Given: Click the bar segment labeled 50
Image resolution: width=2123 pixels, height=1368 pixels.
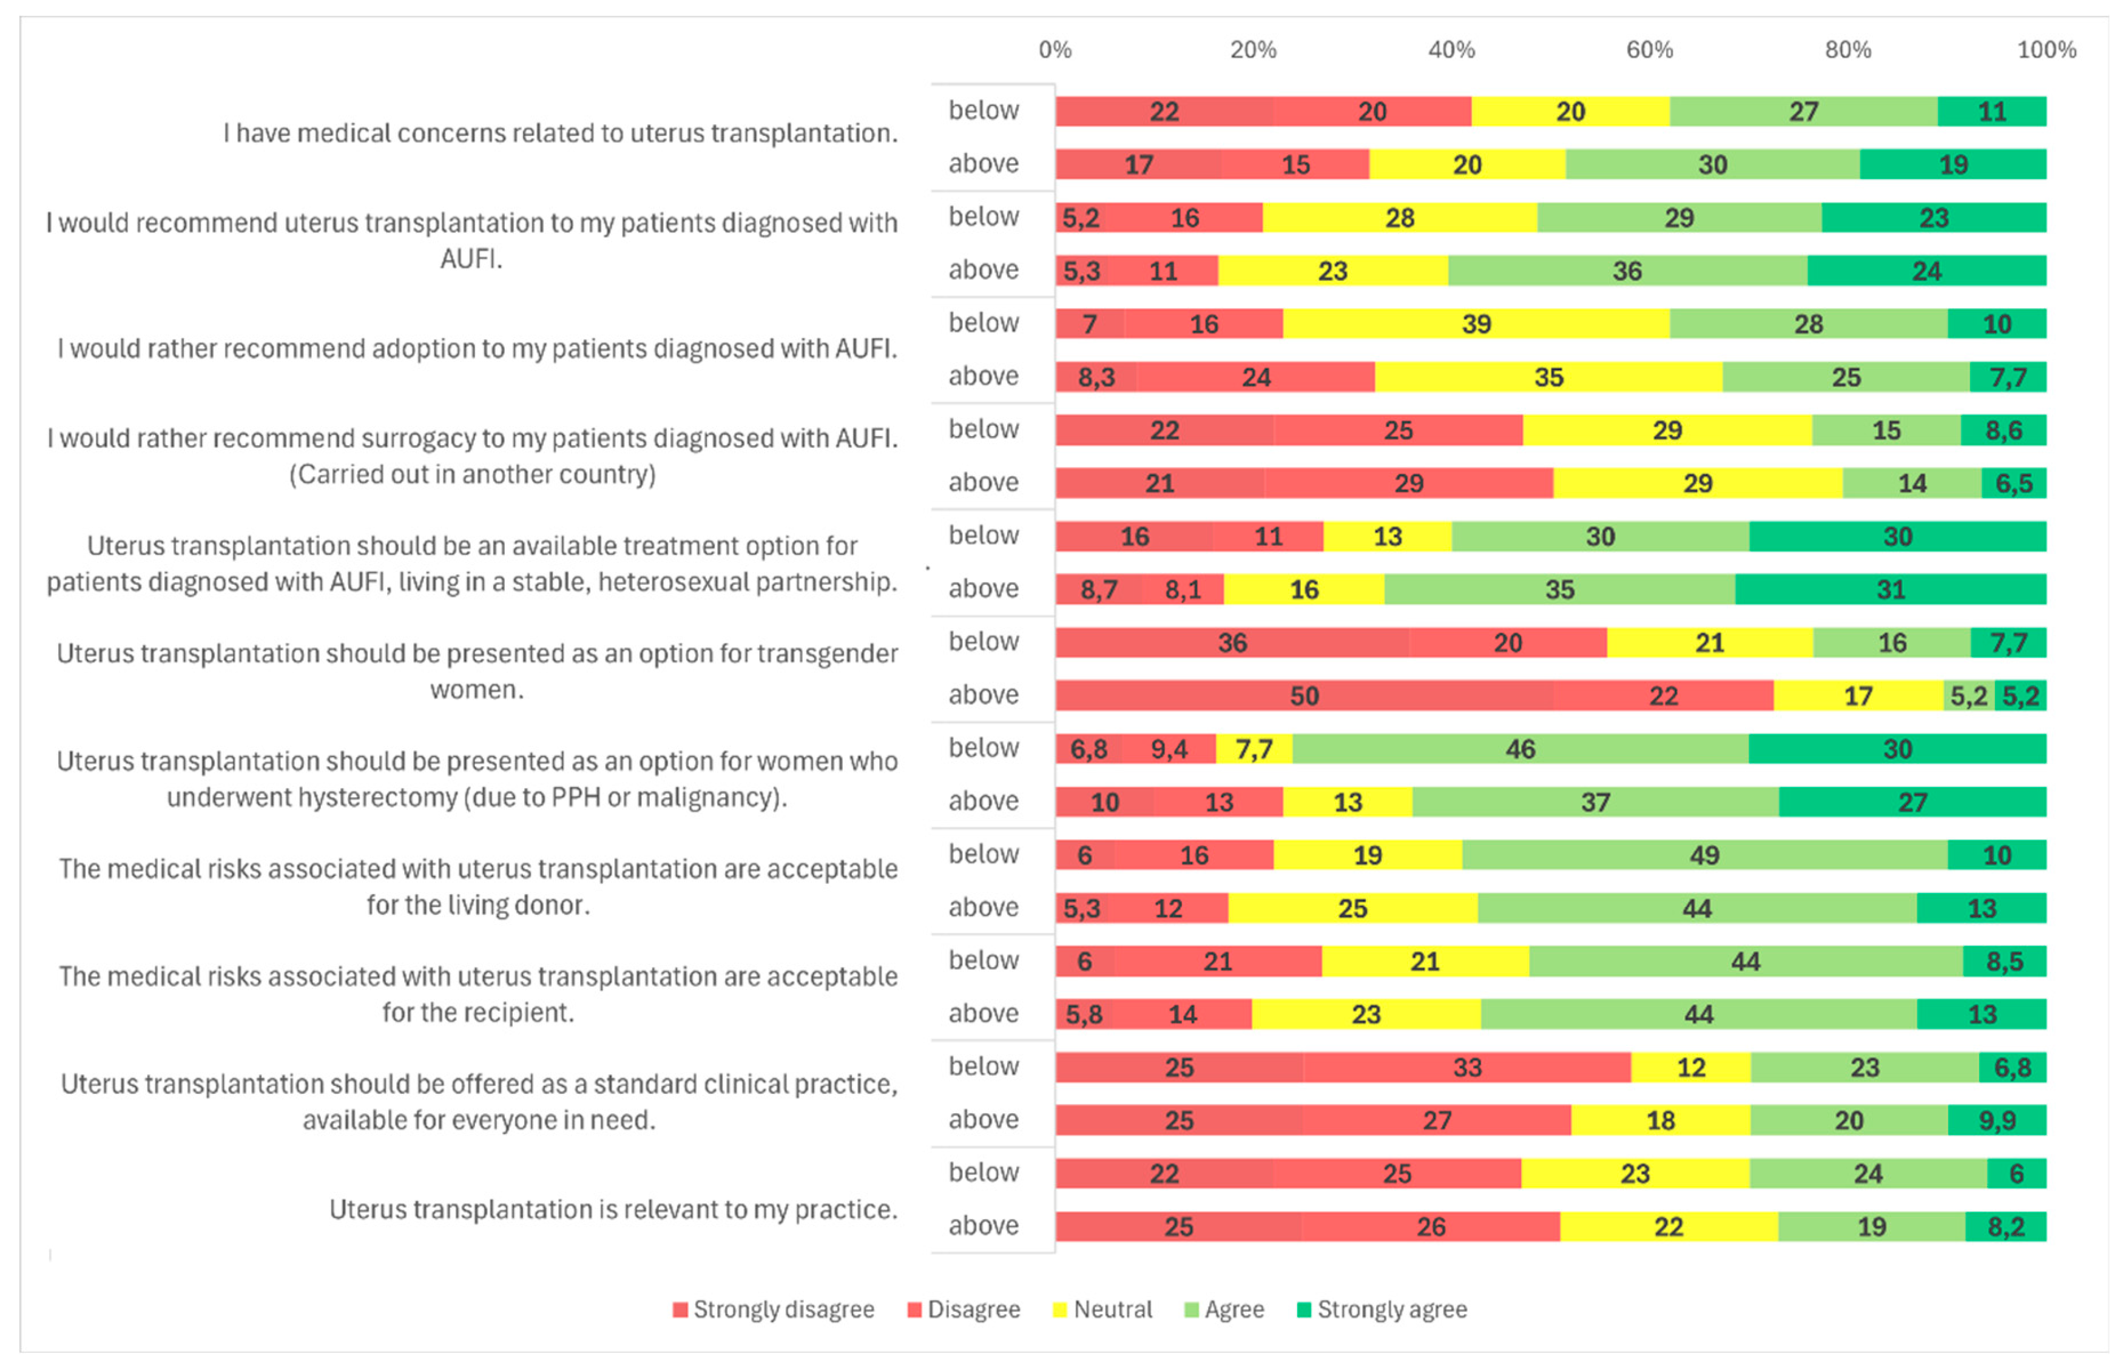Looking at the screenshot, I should tap(1304, 696).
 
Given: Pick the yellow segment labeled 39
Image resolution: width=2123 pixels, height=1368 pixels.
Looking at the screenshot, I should tap(1476, 324).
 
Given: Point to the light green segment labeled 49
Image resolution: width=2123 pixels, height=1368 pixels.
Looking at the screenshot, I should tap(1704, 855).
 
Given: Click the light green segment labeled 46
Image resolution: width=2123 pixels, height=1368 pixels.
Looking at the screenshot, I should tap(1520, 749).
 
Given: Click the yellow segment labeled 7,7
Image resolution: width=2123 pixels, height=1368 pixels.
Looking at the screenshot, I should tap(1254, 749).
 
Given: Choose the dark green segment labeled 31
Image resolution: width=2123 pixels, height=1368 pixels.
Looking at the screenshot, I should tap(1890, 590).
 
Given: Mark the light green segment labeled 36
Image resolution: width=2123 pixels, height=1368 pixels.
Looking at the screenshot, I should tap(1627, 271).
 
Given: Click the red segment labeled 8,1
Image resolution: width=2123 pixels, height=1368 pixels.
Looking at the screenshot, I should tap(1183, 590).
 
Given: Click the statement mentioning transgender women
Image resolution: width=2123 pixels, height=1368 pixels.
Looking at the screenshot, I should tap(477, 672).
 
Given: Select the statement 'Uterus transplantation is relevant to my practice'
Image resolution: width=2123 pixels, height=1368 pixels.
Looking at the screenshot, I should tap(613, 1210).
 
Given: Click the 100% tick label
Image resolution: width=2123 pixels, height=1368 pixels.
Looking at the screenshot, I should tap(2046, 50).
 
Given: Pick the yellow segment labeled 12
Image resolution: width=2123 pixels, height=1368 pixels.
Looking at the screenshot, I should tap(1690, 1068).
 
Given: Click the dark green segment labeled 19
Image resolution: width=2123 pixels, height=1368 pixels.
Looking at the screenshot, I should tap(1953, 164).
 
